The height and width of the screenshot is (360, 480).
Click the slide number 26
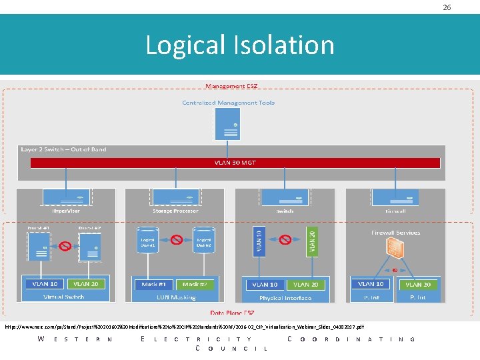click(447, 7)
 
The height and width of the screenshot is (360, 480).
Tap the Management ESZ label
click(232, 87)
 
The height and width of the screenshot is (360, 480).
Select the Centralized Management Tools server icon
click(228, 123)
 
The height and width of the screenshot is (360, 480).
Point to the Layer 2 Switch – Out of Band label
click(63, 149)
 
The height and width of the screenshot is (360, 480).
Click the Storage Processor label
click(175, 211)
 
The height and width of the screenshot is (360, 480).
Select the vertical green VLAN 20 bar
click(313, 241)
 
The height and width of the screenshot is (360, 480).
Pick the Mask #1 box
click(154, 284)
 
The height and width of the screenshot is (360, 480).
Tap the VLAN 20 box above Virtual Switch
click(86, 284)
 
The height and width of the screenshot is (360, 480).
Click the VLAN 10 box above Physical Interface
click(265, 285)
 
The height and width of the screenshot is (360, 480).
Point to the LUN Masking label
click(175, 297)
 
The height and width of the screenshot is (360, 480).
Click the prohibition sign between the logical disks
click(175, 238)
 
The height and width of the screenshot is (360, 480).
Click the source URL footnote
click(184, 327)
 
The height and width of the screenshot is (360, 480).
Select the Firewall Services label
click(395, 233)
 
